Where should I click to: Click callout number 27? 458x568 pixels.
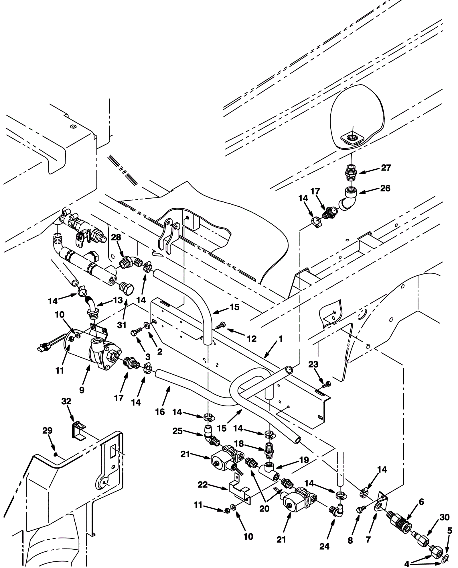click(386, 168)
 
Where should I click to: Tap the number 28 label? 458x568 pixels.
click(116, 237)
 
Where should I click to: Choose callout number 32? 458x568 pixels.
click(66, 401)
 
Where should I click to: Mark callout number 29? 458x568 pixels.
click(48, 430)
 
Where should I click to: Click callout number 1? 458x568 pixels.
click(281, 339)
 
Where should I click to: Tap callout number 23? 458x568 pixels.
click(313, 365)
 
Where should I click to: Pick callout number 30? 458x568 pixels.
click(444, 517)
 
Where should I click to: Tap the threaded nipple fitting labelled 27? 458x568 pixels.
click(351, 173)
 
